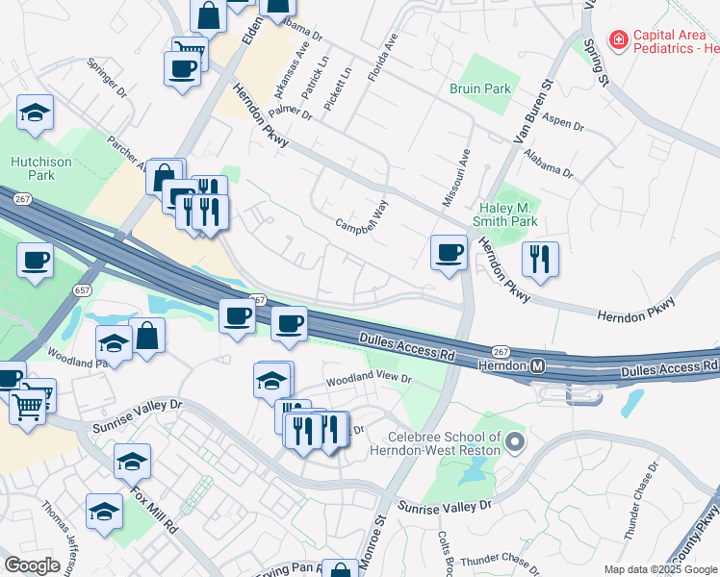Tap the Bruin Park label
click(x=480, y=88)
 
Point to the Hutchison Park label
click(x=41, y=168)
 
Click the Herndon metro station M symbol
click(x=538, y=365)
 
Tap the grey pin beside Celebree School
click(x=515, y=442)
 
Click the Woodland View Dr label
click(x=369, y=380)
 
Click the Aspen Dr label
click(x=564, y=125)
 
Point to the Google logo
click(x=32, y=565)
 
